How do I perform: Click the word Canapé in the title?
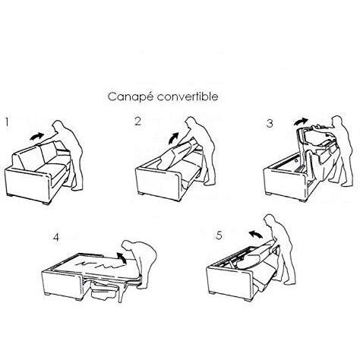click(x=130, y=97)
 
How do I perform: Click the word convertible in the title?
click(x=187, y=96)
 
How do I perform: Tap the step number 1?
click(x=7, y=122)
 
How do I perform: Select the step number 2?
click(x=137, y=122)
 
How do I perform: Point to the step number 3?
click(x=270, y=124)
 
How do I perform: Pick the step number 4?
click(x=56, y=237)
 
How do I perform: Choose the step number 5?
click(x=219, y=235)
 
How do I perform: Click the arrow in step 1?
click(x=37, y=136)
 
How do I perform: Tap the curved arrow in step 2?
click(x=174, y=137)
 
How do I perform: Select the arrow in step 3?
click(x=301, y=122)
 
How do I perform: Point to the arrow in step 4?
click(x=122, y=257)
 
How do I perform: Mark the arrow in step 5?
click(x=256, y=234)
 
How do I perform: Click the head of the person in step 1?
click(x=58, y=126)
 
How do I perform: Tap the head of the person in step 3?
click(x=337, y=121)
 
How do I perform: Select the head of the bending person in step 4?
click(x=127, y=245)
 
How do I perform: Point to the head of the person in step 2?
click(x=191, y=122)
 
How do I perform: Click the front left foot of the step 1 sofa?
click(x=9, y=194)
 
